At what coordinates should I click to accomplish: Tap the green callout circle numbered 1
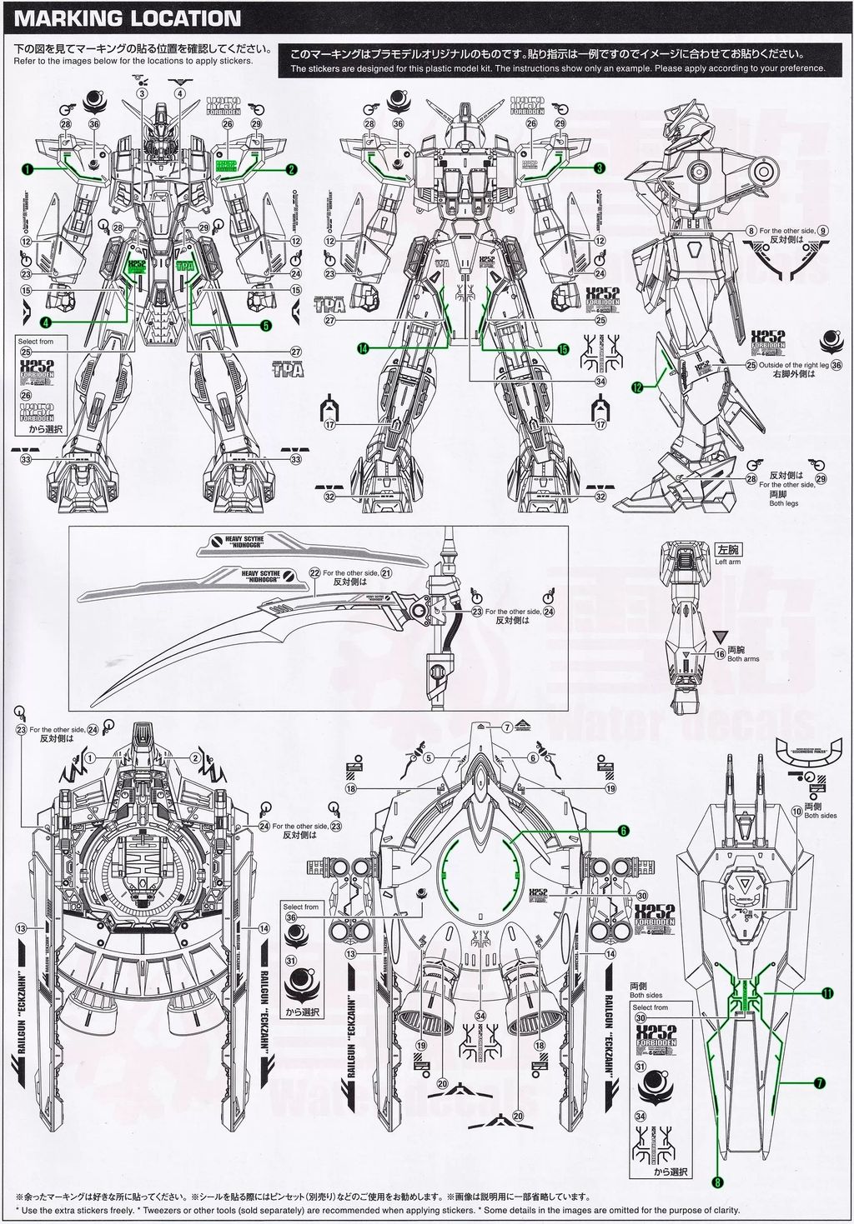coord(28,169)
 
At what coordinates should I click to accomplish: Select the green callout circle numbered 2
coord(291,169)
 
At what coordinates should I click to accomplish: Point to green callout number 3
coord(600,167)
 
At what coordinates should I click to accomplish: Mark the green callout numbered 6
coord(622,831)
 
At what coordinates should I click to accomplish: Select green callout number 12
coord(637,387)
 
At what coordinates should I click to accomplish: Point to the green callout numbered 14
coord(363,349)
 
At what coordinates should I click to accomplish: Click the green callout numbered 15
coord(563,349)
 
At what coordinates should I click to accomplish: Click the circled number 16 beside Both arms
coord(721,654)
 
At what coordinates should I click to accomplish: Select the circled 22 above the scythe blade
coord(314,573)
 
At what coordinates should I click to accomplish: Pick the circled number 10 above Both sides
coord(796,810)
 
